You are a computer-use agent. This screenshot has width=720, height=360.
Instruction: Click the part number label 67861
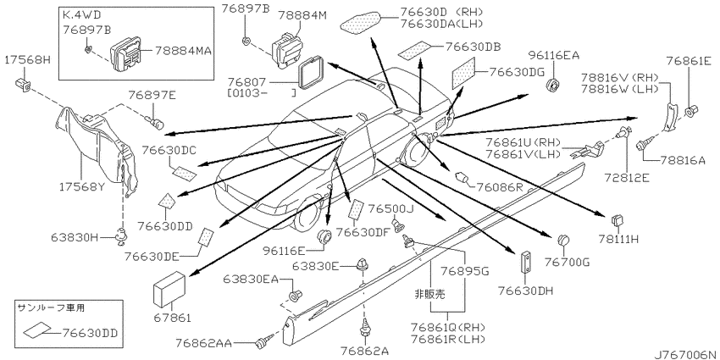172,318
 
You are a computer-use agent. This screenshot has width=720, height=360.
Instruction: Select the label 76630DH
525,291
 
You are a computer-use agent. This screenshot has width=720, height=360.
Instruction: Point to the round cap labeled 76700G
563,241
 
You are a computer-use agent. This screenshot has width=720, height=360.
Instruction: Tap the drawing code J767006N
686,354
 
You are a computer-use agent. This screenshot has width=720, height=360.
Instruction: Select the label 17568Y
80,186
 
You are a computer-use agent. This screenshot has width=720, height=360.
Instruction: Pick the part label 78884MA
183,50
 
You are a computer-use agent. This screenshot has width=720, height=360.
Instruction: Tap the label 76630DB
473,46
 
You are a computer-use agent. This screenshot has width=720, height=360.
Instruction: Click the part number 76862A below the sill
364,351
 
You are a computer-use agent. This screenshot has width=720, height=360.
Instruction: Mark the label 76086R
500,186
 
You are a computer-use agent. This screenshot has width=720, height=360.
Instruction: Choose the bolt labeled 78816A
642,144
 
